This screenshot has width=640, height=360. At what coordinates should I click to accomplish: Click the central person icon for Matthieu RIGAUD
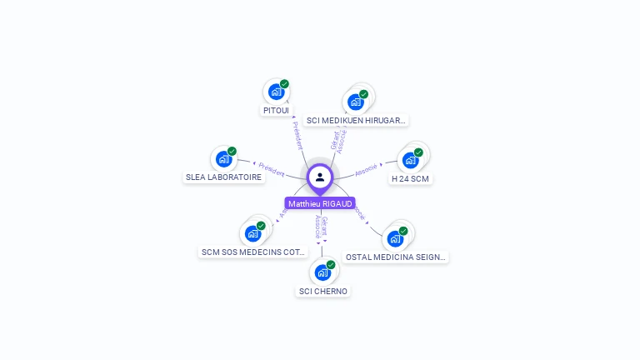tap(320, 177)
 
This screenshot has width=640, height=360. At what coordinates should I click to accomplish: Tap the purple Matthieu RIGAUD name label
tap(320, 203)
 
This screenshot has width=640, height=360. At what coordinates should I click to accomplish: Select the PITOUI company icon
tap(275, 92)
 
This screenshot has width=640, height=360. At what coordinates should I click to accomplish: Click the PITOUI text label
tap(276, 110)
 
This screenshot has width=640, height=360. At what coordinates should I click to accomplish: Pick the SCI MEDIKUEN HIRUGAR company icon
tap(356, 102)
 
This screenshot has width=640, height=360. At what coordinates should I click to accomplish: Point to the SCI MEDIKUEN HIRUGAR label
tap(356, 120)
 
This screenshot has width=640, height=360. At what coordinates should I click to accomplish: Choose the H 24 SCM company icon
tap(411, 160)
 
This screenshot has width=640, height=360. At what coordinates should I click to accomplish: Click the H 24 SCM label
tap(411, 178)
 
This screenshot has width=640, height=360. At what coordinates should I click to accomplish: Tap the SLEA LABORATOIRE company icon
tap(223, 158)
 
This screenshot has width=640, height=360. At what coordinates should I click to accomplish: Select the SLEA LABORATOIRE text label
tap(223, 177)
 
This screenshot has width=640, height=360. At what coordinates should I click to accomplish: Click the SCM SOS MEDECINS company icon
tap(252, 233)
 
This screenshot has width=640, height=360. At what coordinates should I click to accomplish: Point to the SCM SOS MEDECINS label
tap(254, 252)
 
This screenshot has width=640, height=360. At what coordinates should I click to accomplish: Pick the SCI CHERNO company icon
tap(322, 272)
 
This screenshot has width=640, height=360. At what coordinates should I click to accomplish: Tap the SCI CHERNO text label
tap(323, 291)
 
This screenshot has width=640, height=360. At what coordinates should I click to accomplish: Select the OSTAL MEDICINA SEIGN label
tap(396, 257)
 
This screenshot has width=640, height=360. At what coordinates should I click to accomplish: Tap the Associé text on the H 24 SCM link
tap(366, 170)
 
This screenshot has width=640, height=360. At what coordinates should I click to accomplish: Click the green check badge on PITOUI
tap(284, 84)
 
